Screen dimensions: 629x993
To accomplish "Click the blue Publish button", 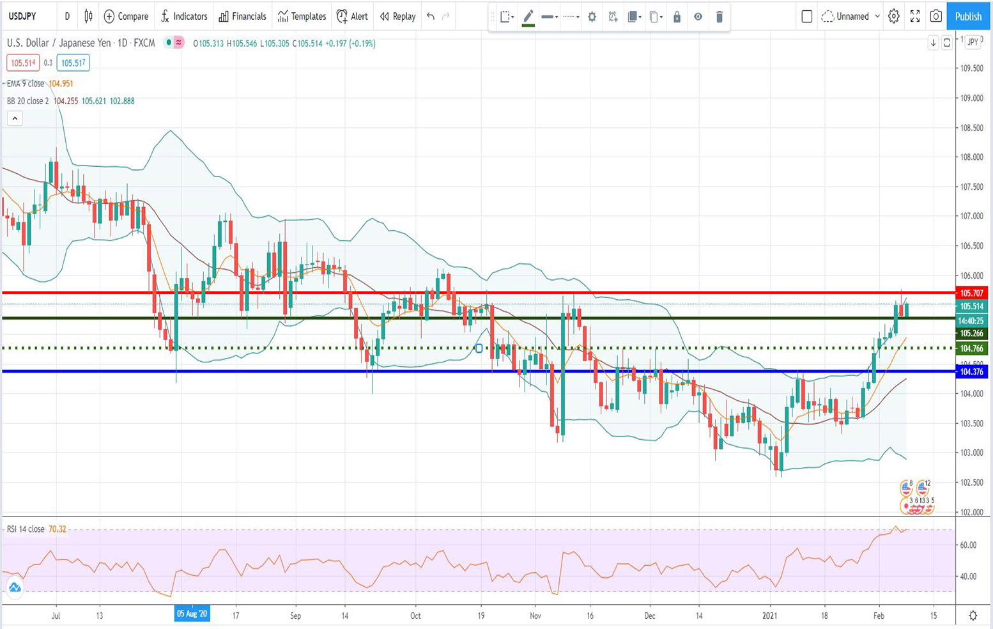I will (967, 17).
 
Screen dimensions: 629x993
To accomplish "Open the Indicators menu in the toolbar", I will (184, 17).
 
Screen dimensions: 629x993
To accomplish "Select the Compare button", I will (126, 17).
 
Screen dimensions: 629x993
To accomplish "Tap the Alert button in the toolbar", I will (352, 17).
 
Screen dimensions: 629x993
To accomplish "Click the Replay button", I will (397, 17).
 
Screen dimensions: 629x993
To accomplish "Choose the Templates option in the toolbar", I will (302, 17).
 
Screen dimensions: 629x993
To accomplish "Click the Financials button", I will (242, 17).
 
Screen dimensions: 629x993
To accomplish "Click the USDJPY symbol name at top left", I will (22, 17).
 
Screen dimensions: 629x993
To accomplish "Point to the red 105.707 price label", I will (971, 293).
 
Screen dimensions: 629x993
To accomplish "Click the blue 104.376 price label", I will (971, 371).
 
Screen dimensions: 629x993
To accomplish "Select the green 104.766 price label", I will (971, 348).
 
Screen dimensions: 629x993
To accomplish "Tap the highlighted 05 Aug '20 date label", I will (192, 614).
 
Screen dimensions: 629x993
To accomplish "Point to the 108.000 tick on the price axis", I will (971, 157).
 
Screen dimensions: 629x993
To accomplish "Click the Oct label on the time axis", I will (415, 616).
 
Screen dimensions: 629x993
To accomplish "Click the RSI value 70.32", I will (58, 529).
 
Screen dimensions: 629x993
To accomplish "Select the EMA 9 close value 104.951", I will (61, 84).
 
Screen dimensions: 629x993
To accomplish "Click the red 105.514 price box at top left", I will (23, 63).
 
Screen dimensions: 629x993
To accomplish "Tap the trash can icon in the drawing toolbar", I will (719, 17).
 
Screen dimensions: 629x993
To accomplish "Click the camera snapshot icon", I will (935, 17).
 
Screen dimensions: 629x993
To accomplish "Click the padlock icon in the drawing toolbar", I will (677, 17).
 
